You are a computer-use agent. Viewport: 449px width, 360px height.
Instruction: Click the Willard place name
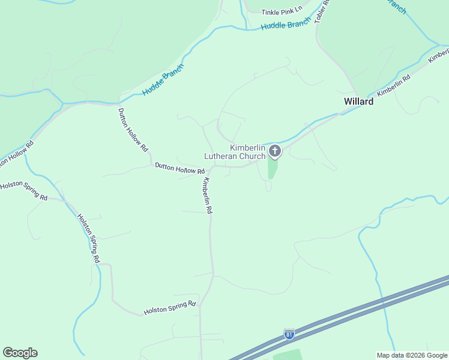[x=358, y=101]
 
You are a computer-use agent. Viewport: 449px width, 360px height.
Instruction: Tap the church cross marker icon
[x=274, y=151]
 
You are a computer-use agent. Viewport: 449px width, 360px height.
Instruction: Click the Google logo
[x=20, y=353]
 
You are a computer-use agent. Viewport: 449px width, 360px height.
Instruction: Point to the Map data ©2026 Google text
[x=412, y=355]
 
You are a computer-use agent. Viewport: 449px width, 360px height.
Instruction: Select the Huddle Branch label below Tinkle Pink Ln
[x=286, y=24]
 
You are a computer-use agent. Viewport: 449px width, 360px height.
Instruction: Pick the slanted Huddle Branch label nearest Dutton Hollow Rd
[x=163, y=80]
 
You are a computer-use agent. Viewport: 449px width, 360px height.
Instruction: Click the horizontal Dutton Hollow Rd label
[x=179, y=168]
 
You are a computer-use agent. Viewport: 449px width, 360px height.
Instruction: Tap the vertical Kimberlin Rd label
[x=208, y=196]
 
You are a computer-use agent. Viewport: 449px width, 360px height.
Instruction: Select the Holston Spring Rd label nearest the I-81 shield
[x=170, y=308]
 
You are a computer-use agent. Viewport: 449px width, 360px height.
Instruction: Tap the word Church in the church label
[x=252, y=157]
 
